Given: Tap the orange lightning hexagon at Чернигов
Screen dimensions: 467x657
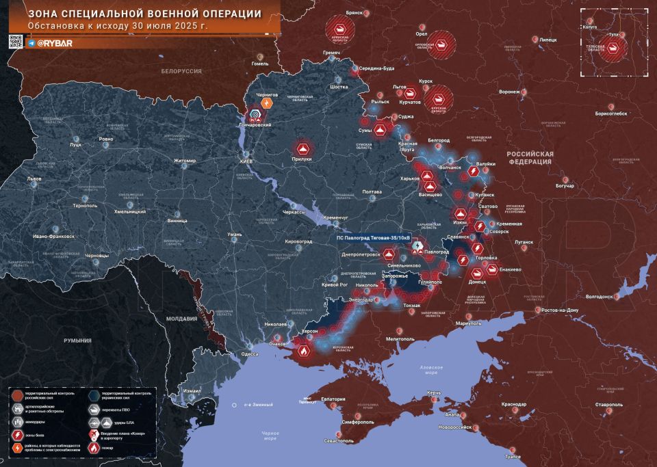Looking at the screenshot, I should [268, 103].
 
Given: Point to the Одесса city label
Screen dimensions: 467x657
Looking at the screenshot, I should [250, 353].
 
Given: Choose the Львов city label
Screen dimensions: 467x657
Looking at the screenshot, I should [34, 179].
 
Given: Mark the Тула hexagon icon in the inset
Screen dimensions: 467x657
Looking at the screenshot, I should [615, 47].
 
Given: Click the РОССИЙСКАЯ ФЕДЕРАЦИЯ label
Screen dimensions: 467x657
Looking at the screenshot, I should [529, 159].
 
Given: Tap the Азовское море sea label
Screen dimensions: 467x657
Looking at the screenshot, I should [430, 371].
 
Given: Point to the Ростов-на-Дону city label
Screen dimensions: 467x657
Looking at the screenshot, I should [559, 310].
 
